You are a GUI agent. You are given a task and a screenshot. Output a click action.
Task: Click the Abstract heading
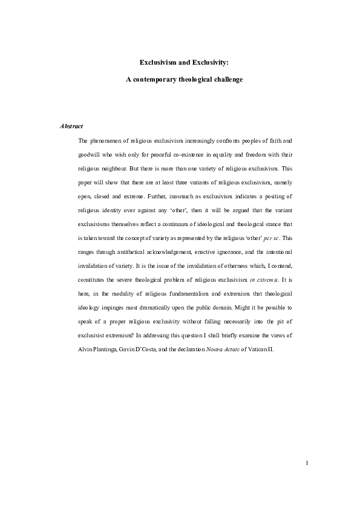pyautogui.click(x=71, y=126)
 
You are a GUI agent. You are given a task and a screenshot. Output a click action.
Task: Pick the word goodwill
pyautogui.click(x=92, y=154)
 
